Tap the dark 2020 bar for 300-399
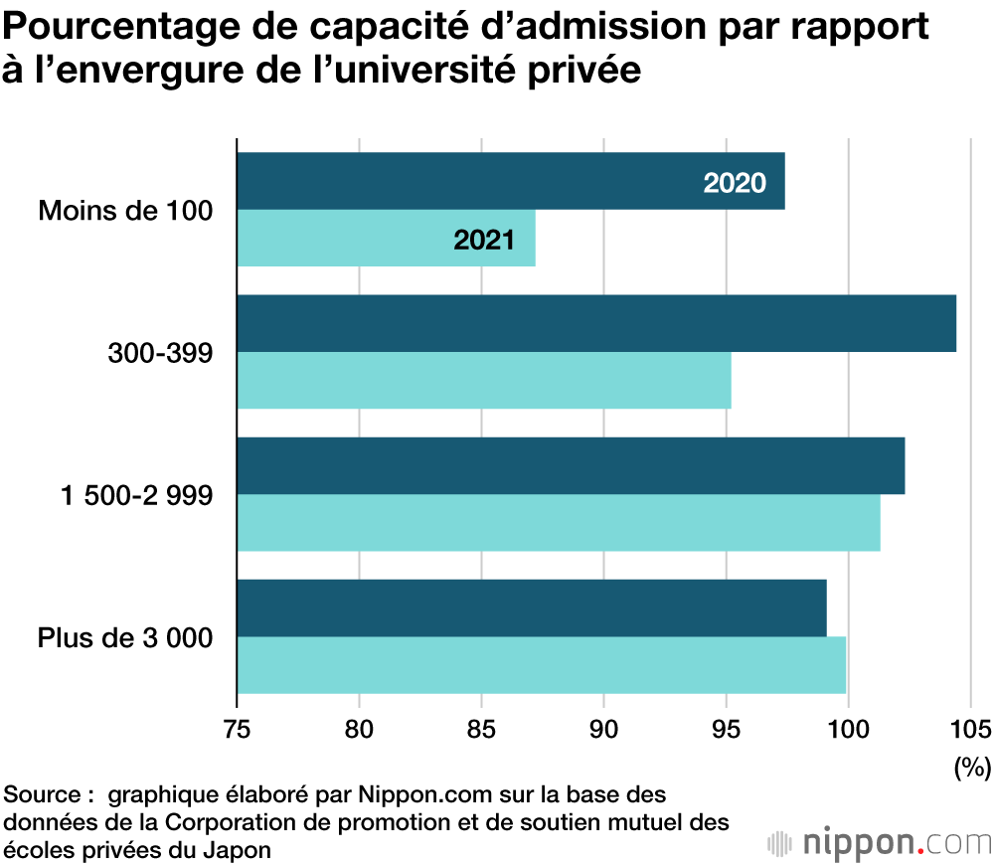596,323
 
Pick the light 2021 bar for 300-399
484,381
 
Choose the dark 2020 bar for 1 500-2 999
571,465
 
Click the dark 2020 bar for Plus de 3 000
532,607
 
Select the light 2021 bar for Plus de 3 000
542,665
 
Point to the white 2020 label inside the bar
735,183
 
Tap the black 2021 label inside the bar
484,240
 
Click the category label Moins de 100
125,211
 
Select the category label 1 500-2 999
137,495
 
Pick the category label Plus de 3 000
125,637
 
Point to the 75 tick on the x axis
237,729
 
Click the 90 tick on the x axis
604,729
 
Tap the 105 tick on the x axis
971,729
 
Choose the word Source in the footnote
43,795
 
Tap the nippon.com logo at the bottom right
880,842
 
